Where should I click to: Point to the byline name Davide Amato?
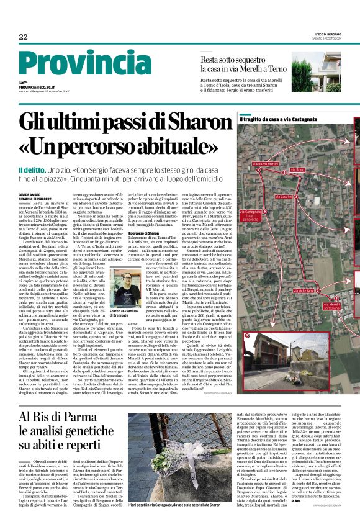click(29, 194)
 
